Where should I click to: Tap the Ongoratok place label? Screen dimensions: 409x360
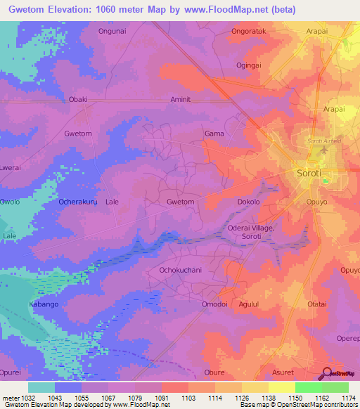coord(250,32)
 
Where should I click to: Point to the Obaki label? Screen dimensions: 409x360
coord(78,99)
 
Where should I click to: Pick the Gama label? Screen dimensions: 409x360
coord(213,133)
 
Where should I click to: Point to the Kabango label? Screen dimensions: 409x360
coord(44,304)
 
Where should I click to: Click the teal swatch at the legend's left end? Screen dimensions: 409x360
coord(41,387)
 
